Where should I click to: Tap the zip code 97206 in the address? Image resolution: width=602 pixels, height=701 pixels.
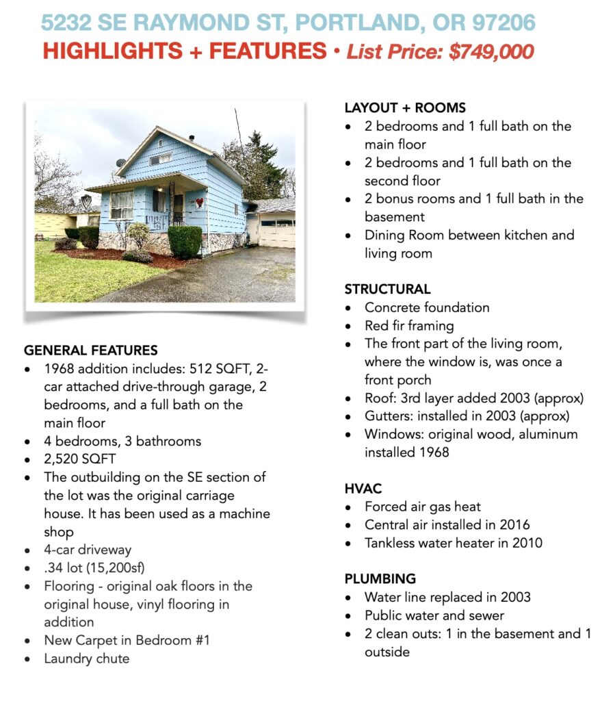[x=503, y=23]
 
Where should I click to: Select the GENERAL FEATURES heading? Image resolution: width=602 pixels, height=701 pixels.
[x=90, y=350]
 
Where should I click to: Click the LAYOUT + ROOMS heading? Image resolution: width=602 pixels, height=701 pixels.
[x=405, y=107]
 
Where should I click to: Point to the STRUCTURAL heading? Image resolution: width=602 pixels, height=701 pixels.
[x=387, y=289]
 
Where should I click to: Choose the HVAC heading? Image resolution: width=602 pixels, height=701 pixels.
[x=363, y=489]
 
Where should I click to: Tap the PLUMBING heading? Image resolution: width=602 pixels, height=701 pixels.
[x=380, y=578]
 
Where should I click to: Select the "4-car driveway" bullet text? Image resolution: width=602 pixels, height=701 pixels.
[x=88, y=549]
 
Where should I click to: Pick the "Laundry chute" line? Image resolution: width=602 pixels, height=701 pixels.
[x=86, y=659]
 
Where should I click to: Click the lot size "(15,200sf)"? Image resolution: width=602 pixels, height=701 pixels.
[x=120, y=568]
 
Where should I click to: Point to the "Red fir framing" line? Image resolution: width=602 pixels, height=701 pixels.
[x=408, y=325]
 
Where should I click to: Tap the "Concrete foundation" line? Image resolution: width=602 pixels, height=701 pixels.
[x=427, y=307]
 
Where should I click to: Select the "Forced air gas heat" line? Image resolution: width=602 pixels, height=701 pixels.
[x=422, y=507]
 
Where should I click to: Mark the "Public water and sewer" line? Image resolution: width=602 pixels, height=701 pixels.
[x=434, y=615]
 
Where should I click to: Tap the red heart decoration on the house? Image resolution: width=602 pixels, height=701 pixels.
[x=199, y=203]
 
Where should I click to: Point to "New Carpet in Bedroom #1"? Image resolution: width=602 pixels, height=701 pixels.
[x=127, y=640]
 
